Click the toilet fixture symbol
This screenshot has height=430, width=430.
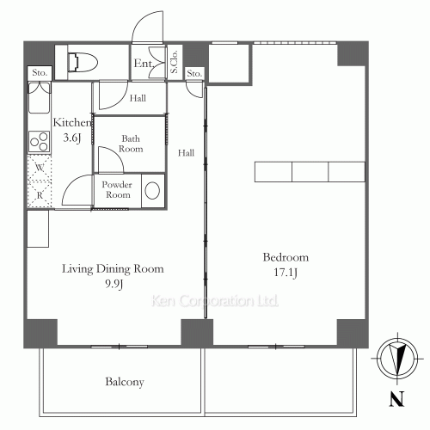tap(83, 62)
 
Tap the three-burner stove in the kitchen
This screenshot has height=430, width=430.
tap(40, 142)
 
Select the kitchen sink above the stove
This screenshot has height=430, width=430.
tap(40, 97)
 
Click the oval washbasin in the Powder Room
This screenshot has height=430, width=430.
tap(152, 190)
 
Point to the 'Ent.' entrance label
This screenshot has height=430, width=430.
tap(144, 64)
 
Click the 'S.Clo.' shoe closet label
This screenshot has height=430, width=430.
tap(175, 62)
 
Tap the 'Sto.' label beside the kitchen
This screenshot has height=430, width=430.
tap(40, 73)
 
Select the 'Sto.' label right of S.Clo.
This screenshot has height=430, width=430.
tap(194, 74)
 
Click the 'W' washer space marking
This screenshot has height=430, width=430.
tap(40, 168)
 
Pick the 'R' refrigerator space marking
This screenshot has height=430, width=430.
tap(40, 195)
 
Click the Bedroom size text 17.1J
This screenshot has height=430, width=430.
tap(286, 273)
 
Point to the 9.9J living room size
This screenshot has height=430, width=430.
tap(114, 284)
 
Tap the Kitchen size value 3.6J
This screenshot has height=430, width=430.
tap(72, 138)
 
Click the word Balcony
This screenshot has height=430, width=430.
tap(125, 382)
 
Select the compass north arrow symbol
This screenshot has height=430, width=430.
tap(397, 359)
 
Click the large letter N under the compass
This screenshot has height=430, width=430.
tap(396, 399)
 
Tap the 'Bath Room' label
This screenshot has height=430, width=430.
tap(131, 144)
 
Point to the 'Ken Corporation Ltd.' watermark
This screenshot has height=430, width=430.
tap(215, 301)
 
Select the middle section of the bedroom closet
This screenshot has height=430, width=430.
tap(310, 172)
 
